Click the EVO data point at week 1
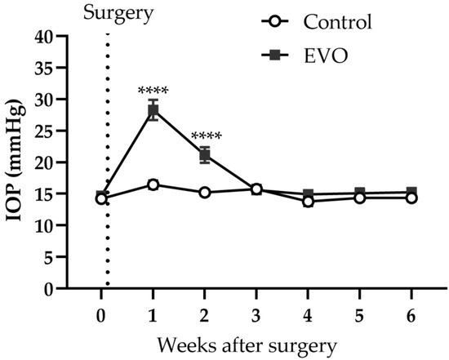(153, 111)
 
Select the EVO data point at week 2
(204, 155)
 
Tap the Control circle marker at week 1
(153, 185)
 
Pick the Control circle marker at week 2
(204, 193)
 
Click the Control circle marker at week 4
(308, 201)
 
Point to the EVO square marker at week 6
(411, 193)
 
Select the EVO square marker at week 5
(360, 193)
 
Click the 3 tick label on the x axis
(256, 314)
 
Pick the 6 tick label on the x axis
(411, 314)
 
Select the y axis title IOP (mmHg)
(17, 162)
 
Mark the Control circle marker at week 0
(101, 198)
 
